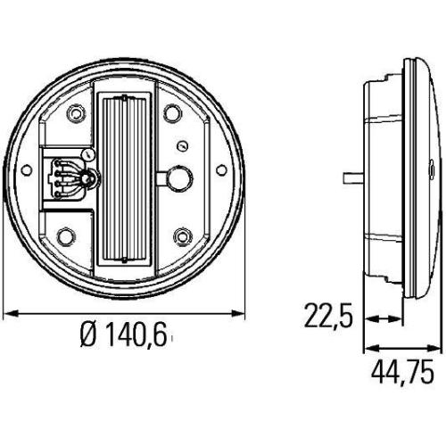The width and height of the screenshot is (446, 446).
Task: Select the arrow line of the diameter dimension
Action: pyautogui.click(x=125, y=312)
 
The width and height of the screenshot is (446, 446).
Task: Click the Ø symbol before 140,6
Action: pyautogui.click(x=87, y=336)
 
